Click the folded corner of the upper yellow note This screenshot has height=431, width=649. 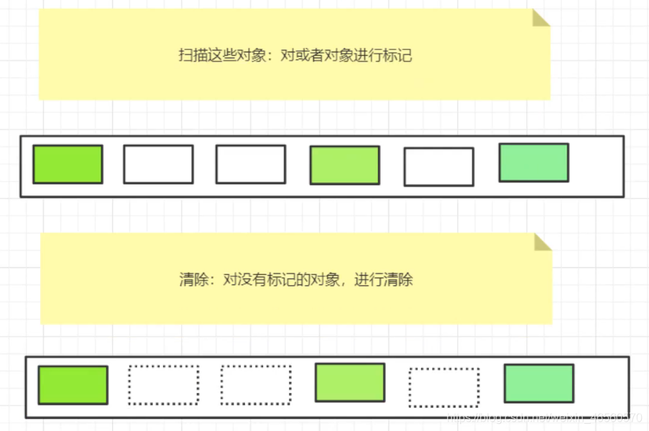point(540,17)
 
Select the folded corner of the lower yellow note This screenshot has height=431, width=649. point(543,241)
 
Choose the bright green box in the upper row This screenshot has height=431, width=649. point(68,164)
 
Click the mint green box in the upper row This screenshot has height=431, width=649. point(533,162)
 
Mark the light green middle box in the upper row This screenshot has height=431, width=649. point(344,165)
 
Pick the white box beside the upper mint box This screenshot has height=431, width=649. point(438,167)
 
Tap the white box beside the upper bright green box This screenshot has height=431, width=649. point(158,164)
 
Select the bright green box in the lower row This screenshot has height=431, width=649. point(73,385)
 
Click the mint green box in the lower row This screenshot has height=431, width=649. point(538,383)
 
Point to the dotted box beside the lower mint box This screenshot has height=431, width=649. point(443,387)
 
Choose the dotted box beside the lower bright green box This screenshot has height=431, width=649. point(163,385)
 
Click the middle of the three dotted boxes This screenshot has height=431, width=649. point(255,385)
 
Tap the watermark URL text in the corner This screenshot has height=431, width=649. point(543,417)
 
